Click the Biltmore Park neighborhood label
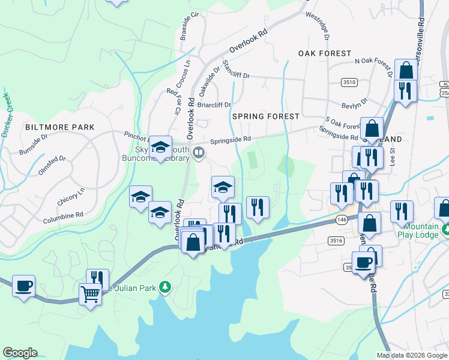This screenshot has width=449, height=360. coord(60,127)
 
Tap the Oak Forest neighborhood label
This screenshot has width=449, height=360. coord(325,53)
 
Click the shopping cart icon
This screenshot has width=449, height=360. coord(90,294)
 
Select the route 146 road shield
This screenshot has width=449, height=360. coord(341,220)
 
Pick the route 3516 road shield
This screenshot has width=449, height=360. coord(336,241)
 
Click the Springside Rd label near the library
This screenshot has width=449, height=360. coord(231,139)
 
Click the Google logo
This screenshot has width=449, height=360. coord(20,353)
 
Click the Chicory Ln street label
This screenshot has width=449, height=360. coord(72,196)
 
